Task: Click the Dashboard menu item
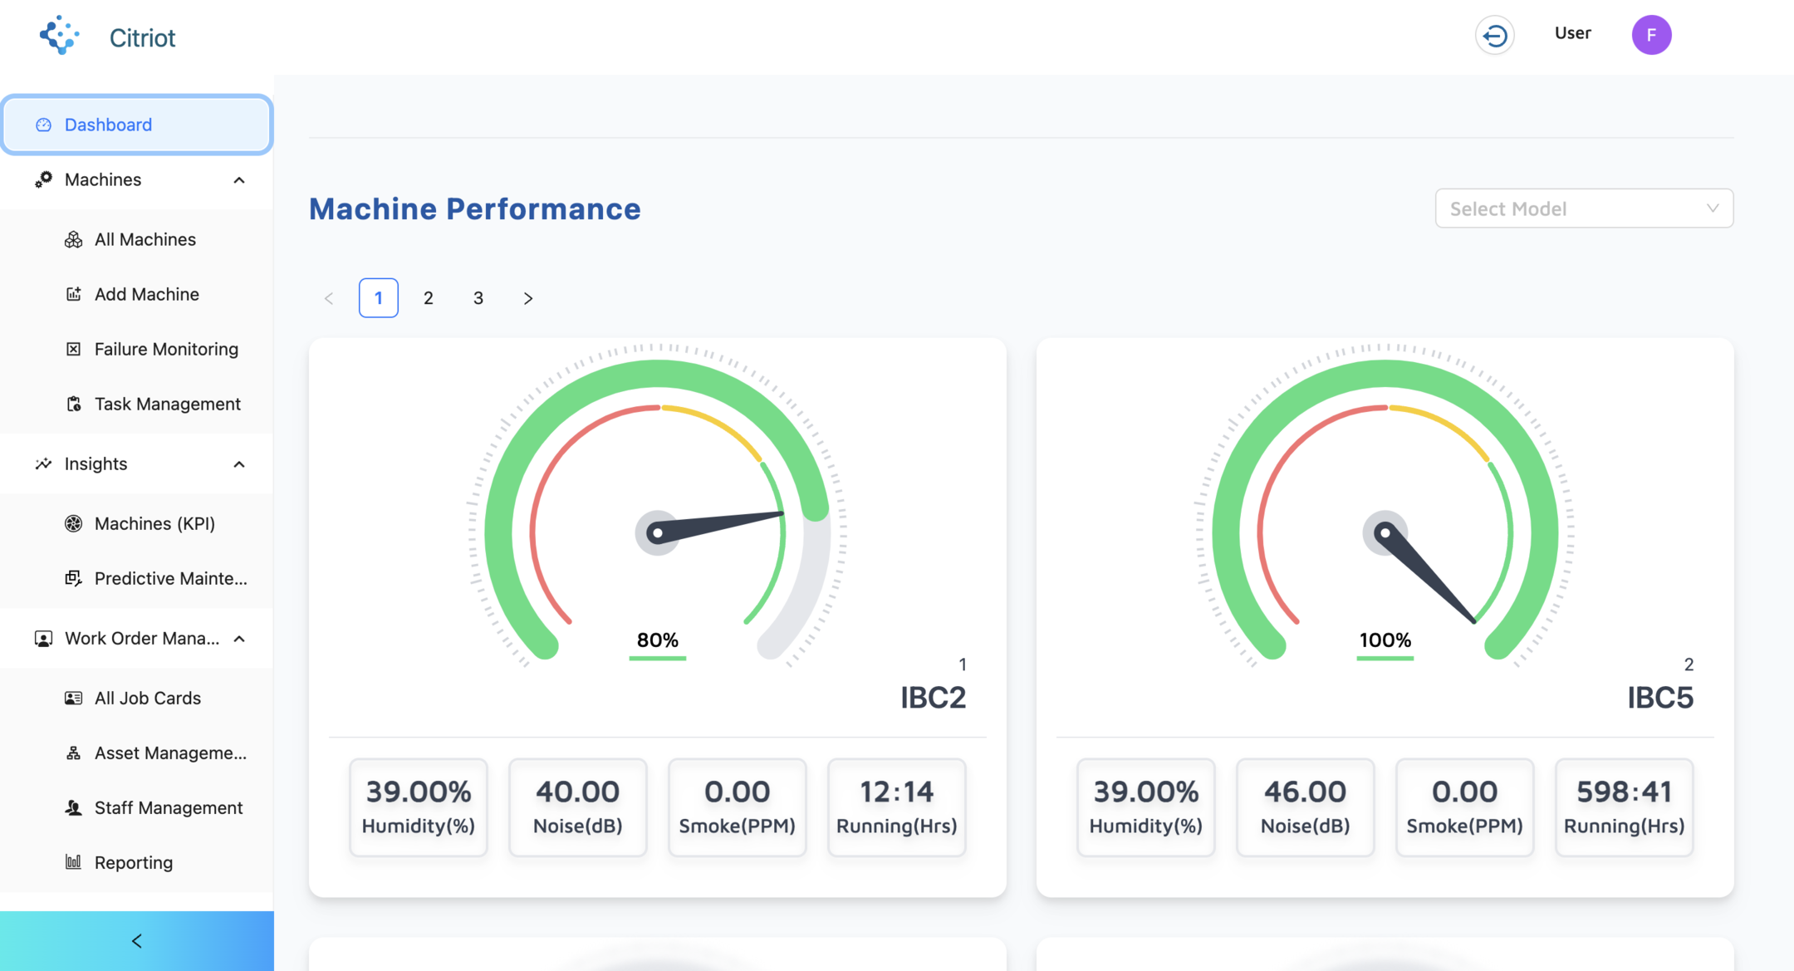137,125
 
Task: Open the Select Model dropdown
1584,208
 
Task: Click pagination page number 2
429,298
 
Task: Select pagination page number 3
478,298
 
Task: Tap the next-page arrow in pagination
528,298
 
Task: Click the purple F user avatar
1651,35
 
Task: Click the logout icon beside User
1495,36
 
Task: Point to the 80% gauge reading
658,640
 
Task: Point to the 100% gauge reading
1385,640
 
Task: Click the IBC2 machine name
934,698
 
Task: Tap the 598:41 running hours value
1625,792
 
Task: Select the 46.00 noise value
1306,792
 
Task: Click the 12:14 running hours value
897,792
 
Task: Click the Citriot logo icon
60,35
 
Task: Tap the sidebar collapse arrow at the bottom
137,941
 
